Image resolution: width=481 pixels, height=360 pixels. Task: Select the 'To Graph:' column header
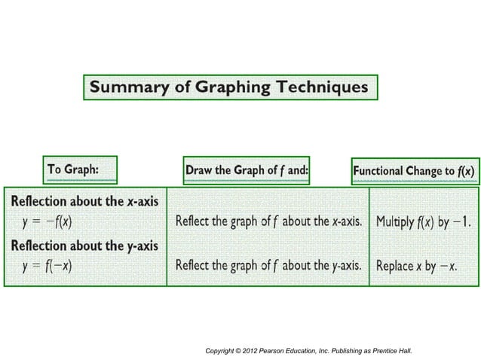pos(73,169)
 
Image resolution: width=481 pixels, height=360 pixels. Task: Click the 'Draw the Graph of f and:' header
pos(247,169)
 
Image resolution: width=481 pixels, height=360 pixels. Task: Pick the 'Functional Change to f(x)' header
pos(414,171)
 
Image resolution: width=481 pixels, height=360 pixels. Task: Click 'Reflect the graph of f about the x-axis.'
pos(268,222)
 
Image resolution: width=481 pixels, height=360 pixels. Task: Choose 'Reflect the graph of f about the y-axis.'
pos(268,266)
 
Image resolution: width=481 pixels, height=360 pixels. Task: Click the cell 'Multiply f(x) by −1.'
pos(424,222)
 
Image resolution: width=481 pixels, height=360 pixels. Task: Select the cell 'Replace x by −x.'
pos(417,266)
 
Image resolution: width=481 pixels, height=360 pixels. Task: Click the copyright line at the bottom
pos(308,351)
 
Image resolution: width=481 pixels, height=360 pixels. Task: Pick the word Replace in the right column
pos(396,266)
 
